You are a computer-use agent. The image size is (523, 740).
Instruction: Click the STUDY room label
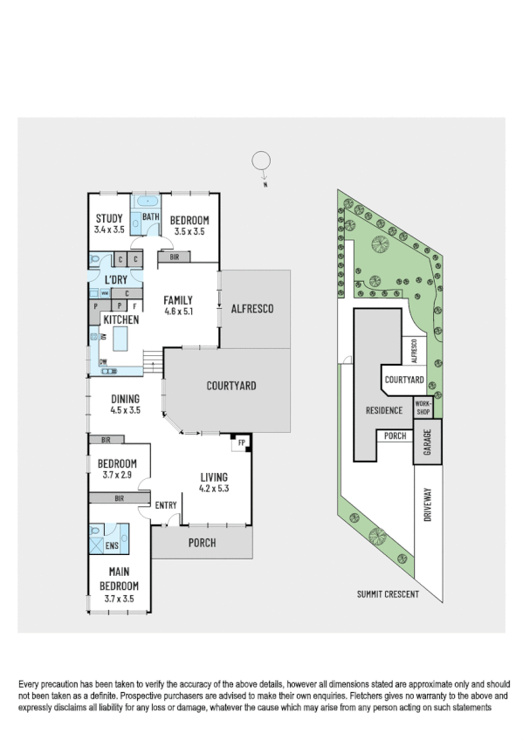point(109,219)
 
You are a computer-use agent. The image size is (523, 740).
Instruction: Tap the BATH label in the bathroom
point(150,217)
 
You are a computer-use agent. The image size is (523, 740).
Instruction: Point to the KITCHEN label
point(121,320)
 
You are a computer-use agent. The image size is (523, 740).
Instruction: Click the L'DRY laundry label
point(116,279)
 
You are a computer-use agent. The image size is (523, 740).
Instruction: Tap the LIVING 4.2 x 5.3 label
point(213,477)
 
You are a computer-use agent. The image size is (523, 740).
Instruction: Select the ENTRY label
point(166,505)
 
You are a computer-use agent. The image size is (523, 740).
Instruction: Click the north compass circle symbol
point(260,161)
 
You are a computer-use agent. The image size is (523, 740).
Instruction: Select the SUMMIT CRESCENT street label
point(388,594)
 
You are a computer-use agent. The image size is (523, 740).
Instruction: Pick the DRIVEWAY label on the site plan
point(428,504)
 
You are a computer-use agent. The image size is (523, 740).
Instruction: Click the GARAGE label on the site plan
point(428,442)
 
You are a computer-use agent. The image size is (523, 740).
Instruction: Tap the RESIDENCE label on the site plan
point(383,410)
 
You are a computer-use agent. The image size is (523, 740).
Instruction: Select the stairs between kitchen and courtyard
point(152,357)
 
